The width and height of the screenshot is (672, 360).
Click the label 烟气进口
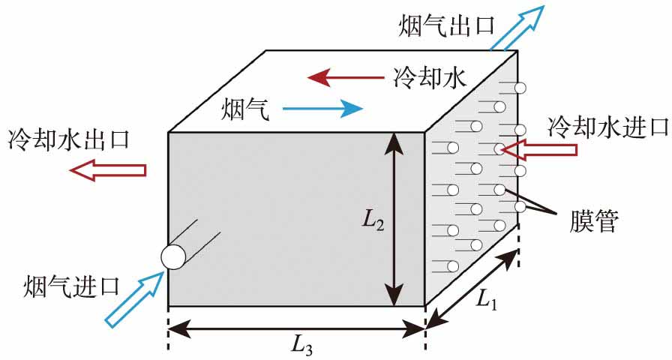click(72, 286)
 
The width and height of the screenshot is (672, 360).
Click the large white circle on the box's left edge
click(173, 256)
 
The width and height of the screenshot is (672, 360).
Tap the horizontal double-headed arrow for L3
click(297, 327)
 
